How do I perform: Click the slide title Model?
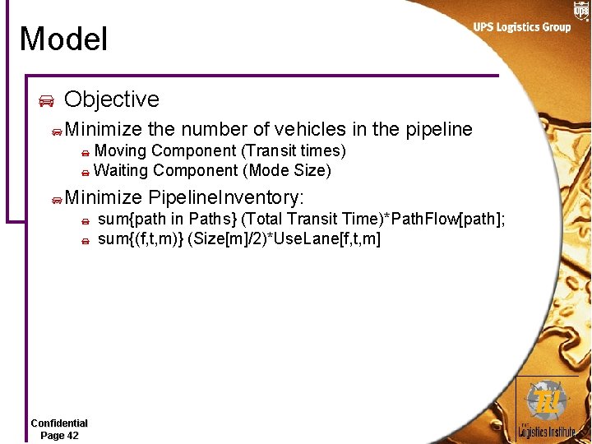coord(63,39)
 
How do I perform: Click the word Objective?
coord(111,99)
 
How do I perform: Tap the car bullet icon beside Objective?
coord(47,101)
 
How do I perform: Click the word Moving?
coord(120,150)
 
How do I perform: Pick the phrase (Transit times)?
coord(293,150)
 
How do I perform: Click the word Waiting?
coord(121,170)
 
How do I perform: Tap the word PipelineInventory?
coord(226,197)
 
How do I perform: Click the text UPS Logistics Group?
coord(521,27)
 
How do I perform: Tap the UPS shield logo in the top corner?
coord(581,10)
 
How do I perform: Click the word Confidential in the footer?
coord(59,423)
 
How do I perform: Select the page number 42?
coord(71,435)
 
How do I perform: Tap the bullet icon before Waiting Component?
coord(85,173)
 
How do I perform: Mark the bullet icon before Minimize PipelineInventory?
coord(55,199)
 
